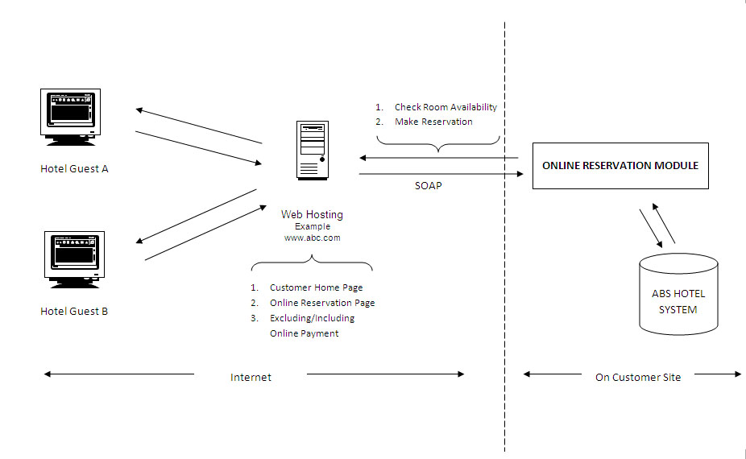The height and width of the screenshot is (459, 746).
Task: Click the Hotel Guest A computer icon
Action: coord(70,117)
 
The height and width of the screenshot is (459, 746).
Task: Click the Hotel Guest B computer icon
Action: coord(74,260)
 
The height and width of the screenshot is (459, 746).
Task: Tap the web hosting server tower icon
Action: coord(313,151)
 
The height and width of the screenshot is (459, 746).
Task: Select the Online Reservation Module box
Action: coord(620,166)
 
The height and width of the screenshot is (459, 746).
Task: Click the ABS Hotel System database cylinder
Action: coord(678,294)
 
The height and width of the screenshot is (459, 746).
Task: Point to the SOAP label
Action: coord(429,186)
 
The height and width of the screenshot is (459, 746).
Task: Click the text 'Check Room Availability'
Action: coord(446,107)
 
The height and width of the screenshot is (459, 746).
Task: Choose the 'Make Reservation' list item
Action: coord(433,122)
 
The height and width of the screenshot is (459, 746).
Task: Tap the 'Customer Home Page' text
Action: coord(317,287)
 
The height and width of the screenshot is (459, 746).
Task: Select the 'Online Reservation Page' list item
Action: coord(322,303)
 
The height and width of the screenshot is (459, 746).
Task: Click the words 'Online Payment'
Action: coord(304,333)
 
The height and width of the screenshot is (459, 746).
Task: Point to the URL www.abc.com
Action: coord(312,238)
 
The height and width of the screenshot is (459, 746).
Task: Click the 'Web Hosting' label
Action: coord(312,214)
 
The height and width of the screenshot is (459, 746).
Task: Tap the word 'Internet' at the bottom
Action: coord(251,377)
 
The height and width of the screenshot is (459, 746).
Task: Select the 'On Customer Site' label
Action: coord(638,377)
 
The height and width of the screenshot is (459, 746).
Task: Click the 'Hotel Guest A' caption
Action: coord(74,169)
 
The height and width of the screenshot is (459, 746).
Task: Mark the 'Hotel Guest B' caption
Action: coord(74,312)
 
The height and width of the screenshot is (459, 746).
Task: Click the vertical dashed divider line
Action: coord(505,237)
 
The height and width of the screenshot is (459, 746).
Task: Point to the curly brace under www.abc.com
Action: coord(312,262)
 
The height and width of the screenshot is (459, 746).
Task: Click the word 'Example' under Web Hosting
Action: coord(313,226)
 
